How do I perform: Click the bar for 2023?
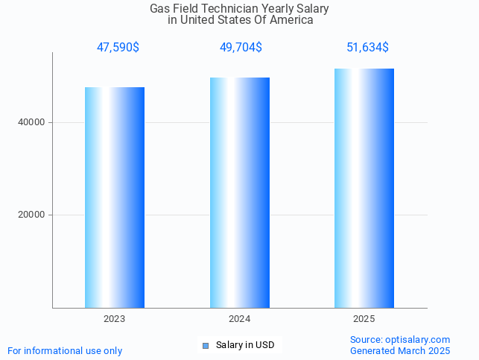click(114, 197)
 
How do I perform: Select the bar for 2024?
click(239, 192)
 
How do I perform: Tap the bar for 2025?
click(364, 188)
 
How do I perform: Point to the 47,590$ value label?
click(118, 48)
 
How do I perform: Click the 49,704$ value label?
click(241, 48)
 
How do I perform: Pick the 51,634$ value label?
click(367, 48)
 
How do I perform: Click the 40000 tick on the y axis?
click(32, 122)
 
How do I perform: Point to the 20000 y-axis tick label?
click(32, 215)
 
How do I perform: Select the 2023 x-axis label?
click(114, 318)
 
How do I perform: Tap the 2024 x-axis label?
click(239, 318)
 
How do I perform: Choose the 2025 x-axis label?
click(364, 318)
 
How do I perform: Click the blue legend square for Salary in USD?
click(206, 345)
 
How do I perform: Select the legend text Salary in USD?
click(245, 345)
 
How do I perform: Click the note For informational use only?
click(65, 350)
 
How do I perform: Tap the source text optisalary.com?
click(400, 339)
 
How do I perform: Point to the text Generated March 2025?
click(400, 350)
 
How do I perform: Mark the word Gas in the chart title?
click(159, 9)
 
